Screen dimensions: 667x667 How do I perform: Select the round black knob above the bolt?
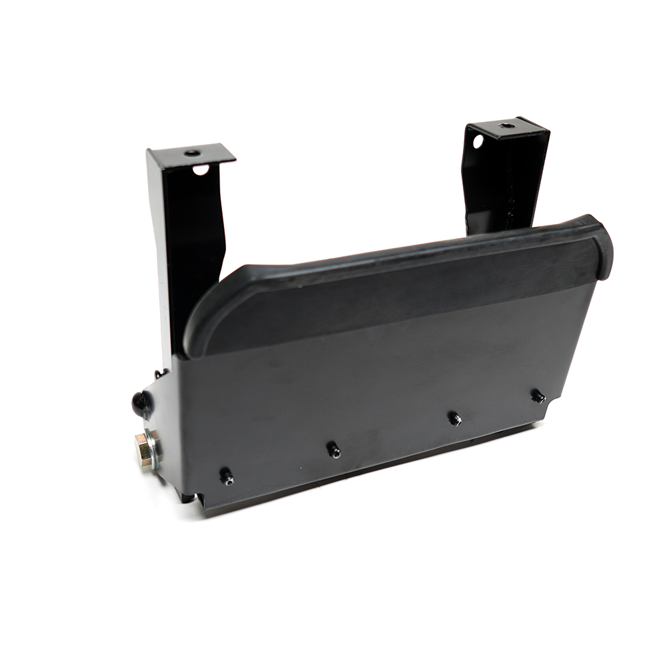coord(141,402)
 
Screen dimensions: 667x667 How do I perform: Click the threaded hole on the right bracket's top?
coord(506,125)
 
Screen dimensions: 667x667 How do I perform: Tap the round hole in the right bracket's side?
coord(478,141)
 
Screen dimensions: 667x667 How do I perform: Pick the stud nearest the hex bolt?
coord(227,476)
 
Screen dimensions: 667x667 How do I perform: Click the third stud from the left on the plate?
coord(454,418)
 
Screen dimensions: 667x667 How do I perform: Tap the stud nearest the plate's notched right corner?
coord(537,396)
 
